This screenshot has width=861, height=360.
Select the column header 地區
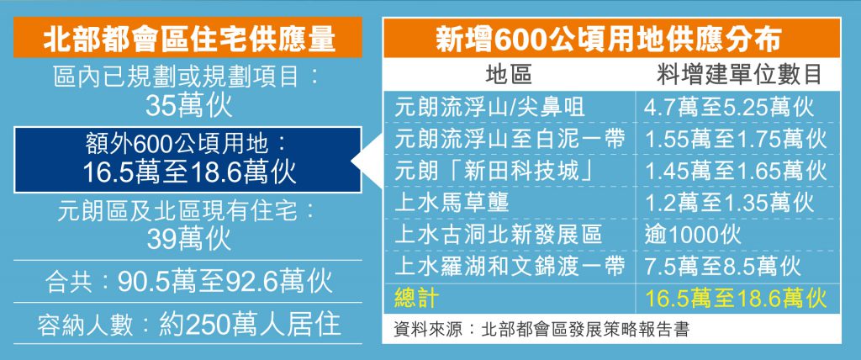(510, 77)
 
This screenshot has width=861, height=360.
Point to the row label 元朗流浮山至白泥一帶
(510, 139)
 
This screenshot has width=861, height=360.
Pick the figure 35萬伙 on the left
(188, 105)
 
